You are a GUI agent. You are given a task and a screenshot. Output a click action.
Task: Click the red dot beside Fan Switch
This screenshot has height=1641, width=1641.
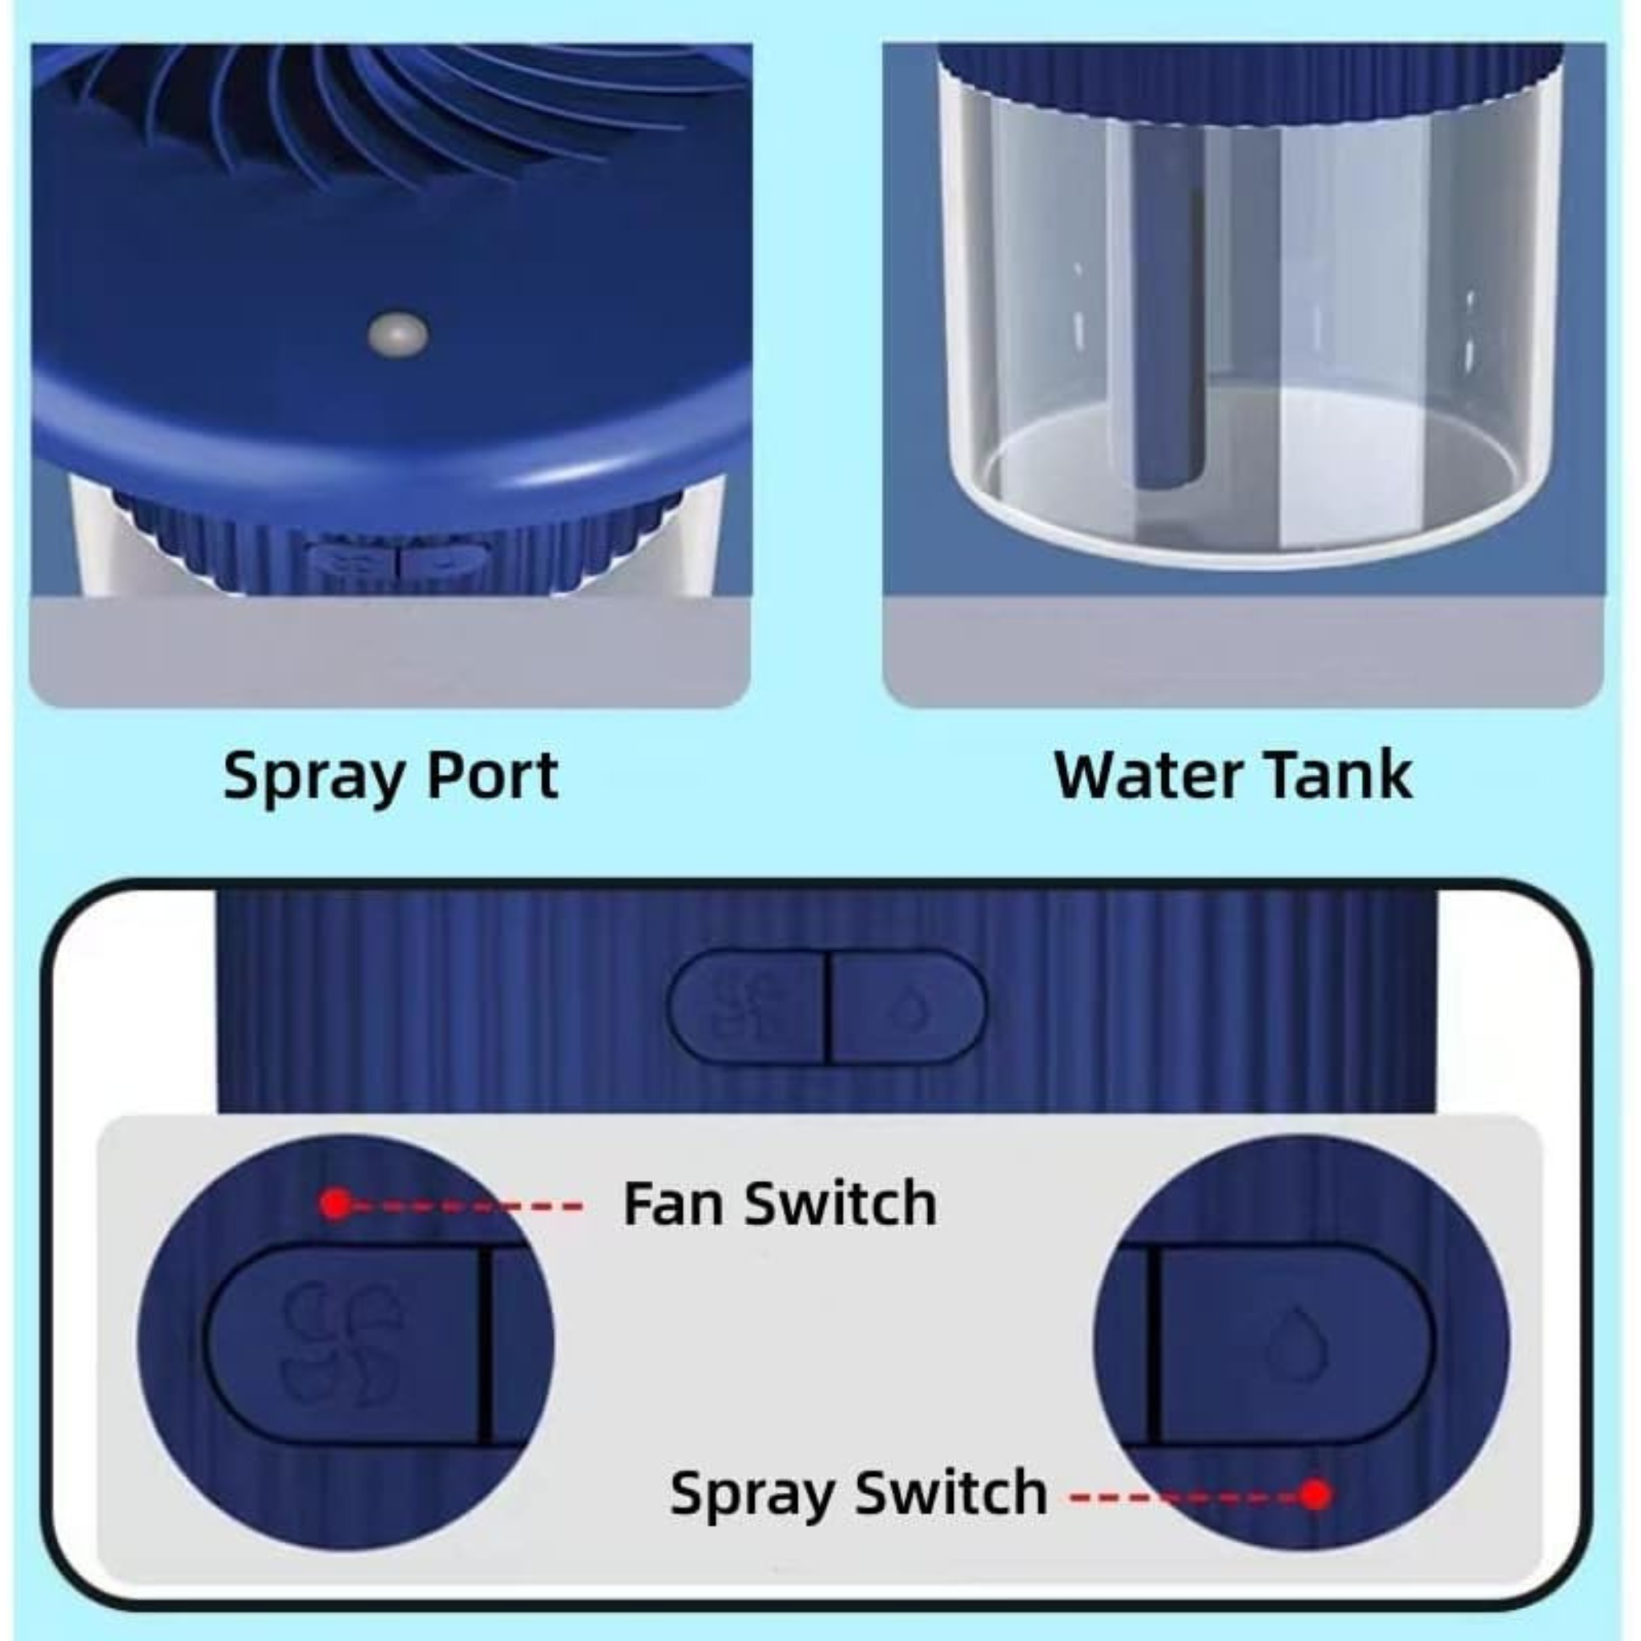(337, 1204)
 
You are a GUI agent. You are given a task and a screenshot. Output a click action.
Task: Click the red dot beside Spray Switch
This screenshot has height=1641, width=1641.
(1316, 1494)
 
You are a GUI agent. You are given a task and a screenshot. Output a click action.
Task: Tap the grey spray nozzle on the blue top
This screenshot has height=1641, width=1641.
(397, 333)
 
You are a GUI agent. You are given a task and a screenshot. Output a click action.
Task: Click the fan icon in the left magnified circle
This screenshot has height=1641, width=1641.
(342, 1342)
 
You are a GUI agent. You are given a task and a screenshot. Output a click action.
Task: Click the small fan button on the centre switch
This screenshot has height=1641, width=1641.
(747, 1006)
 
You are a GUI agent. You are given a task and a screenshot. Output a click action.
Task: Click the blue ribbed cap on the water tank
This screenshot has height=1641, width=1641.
(1248, 81)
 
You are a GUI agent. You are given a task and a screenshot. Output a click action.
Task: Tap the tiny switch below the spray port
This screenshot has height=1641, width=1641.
(398, 562)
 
